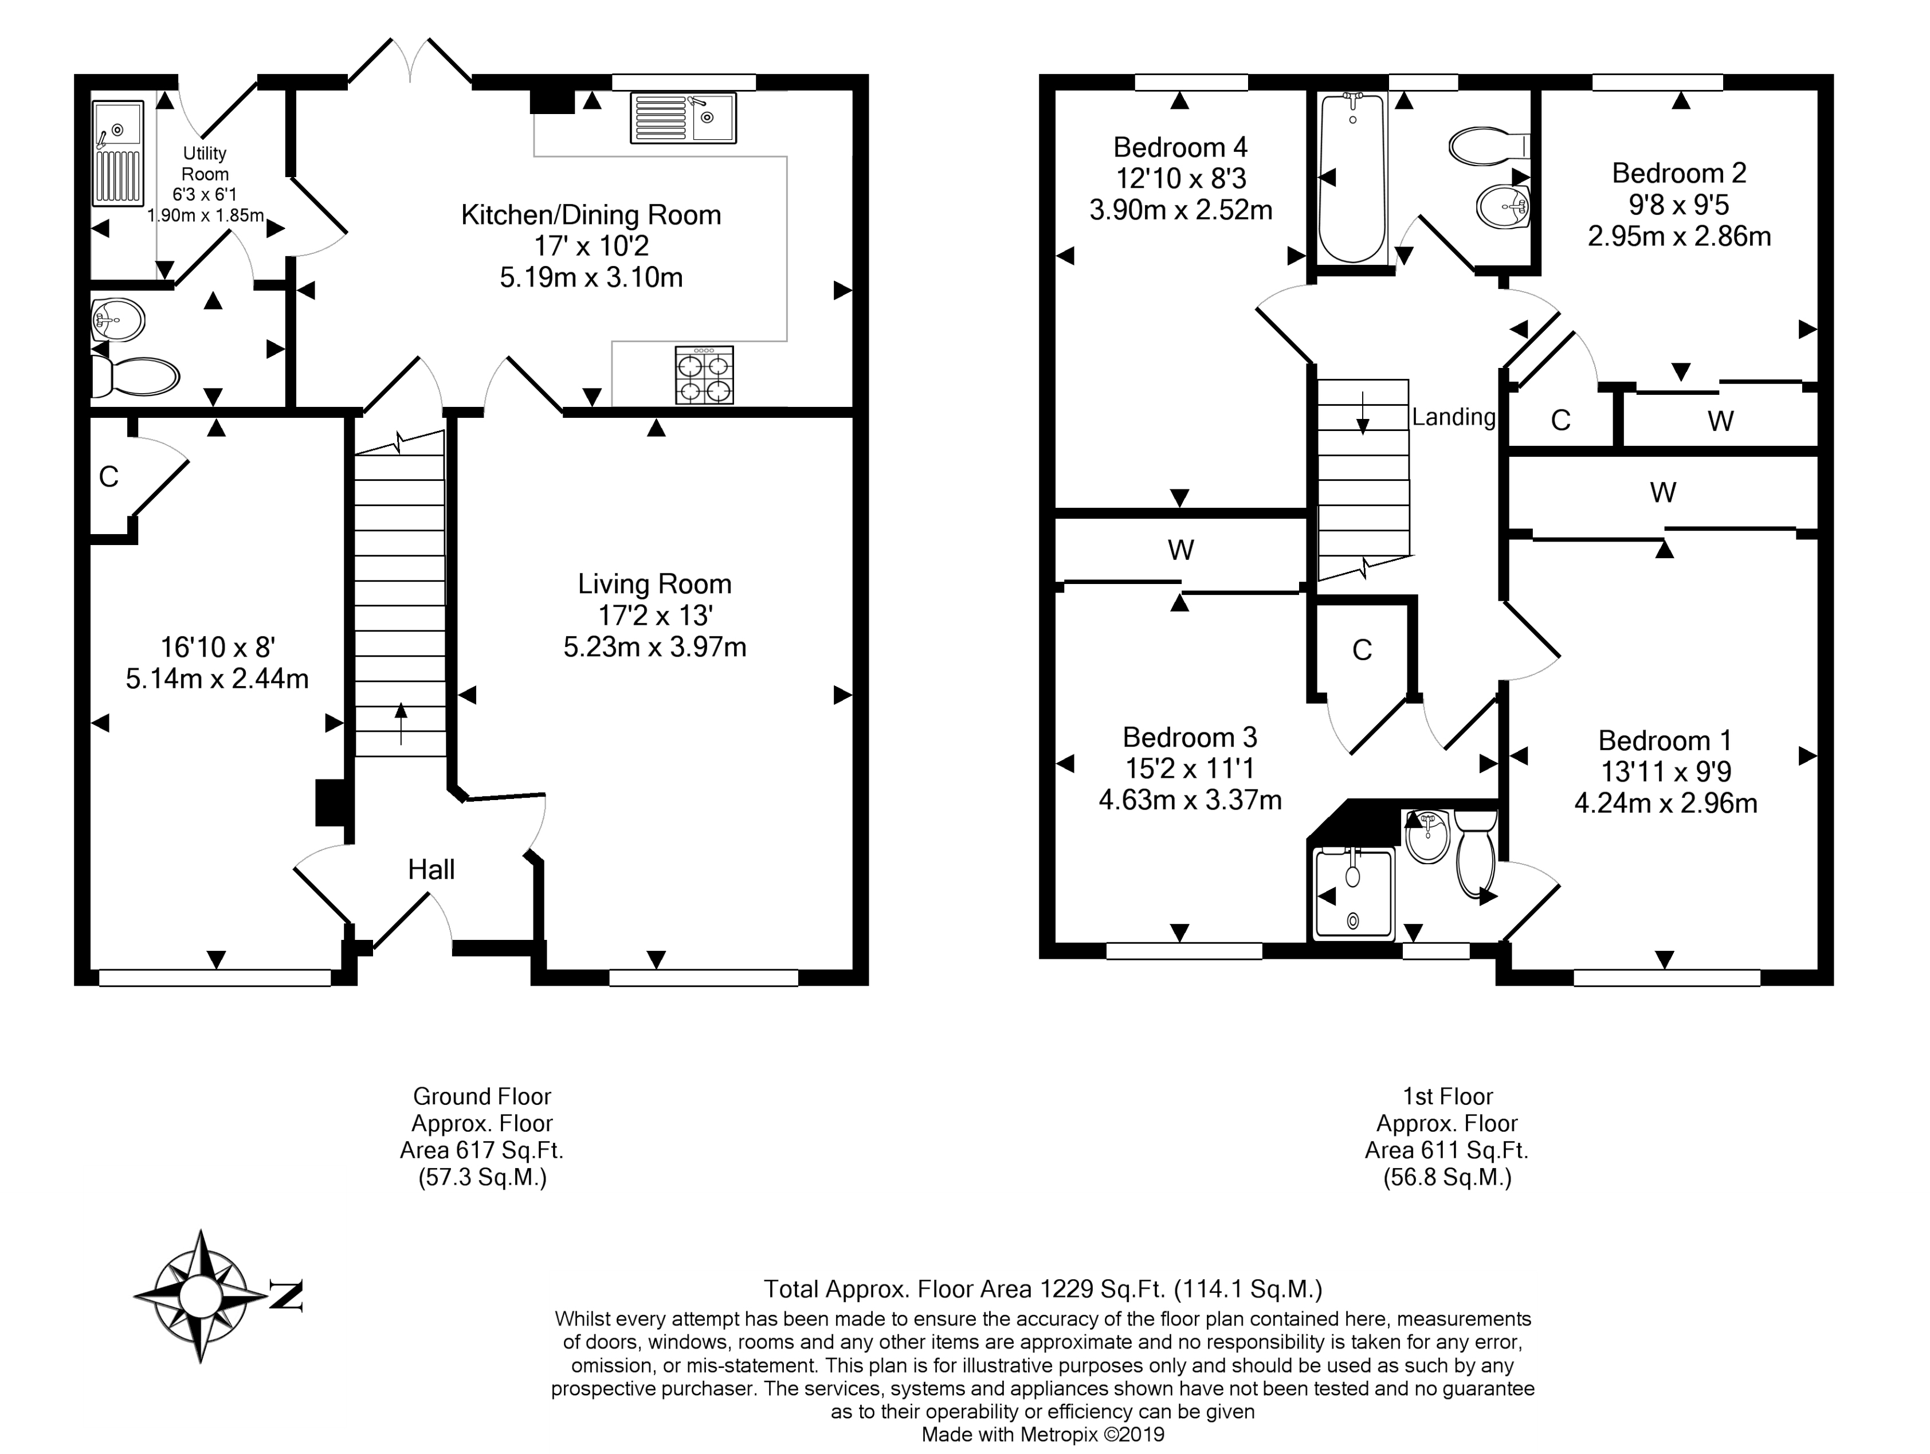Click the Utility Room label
(205, 163)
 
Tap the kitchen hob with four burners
(704, 375)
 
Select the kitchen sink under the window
(683, 118)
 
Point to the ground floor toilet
(135, 375)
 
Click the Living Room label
(654, 584)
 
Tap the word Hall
(431, 869)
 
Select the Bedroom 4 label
(1180, 147)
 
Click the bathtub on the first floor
(1352, 178)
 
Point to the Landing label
(1454, 417)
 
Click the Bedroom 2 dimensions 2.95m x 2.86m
(1680, 237)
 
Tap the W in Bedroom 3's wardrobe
(1180, 550)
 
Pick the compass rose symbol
(201, 1296)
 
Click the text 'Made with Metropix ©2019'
(1043, 1434)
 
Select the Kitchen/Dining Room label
(591, 215)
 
